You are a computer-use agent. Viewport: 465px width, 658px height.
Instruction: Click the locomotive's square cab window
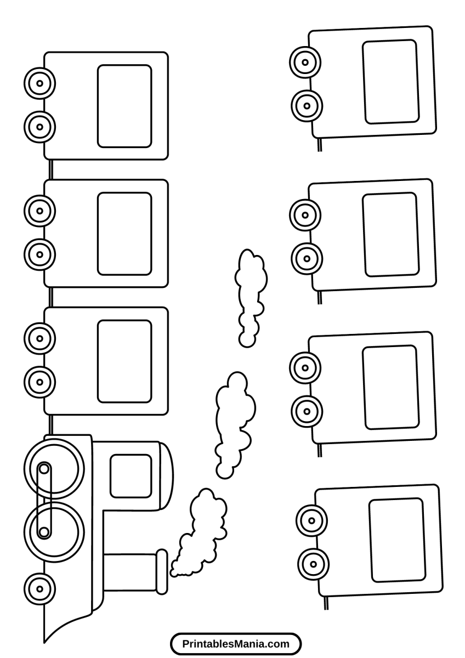click(x=131, y=476)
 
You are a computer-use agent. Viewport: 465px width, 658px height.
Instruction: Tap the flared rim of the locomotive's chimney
click(x=161, y=571)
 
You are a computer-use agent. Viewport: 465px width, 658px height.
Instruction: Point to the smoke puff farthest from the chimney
click(x=250, y=296)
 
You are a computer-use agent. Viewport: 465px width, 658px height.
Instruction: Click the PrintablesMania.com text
click(x=236, y=644)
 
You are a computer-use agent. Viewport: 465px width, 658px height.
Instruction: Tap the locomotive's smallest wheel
click(x=39, y=589)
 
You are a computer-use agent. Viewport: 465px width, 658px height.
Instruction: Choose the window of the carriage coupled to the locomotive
click(x=124, y=361)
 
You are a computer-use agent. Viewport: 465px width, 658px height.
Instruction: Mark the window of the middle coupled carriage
click(x=124, y=234)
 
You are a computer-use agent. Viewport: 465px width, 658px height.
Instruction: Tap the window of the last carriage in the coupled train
click(x=124, y=106)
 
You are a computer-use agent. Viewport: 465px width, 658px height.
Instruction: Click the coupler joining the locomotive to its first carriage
click(x=50, y=424)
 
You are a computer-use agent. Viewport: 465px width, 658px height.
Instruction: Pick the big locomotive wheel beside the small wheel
click(x=54, y=531)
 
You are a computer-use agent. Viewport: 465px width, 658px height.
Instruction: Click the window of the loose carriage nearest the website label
click(x=397, y=540)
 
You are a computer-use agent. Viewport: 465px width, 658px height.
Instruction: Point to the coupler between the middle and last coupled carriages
click(x=50, y=169)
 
